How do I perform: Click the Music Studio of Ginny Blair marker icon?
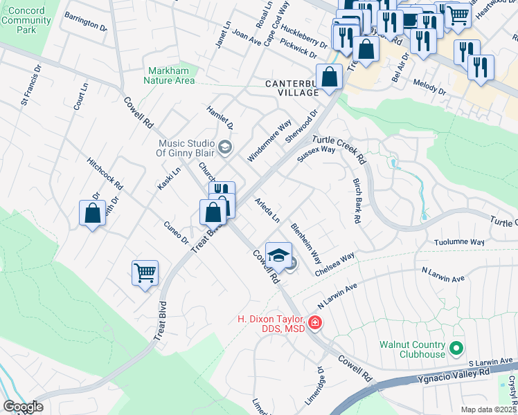pos(224,147)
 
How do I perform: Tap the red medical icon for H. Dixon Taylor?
pos(314,322)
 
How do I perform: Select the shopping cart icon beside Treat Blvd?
pos(145,274)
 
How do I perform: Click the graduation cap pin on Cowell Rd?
pos(278,255)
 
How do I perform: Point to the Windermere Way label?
pos(269,142)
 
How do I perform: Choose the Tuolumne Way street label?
pos(459,242)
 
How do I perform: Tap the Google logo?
pos(23,407)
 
